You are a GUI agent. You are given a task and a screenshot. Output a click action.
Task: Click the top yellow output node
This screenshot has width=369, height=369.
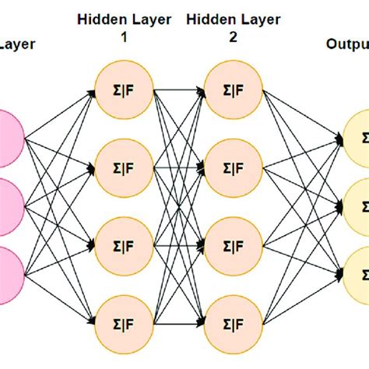tap(357, 138)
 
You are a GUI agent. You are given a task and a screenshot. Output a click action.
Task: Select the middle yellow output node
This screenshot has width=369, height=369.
tap(357, 206)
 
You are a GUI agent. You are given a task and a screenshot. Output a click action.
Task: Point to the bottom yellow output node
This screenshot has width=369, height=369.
tap(357, 275)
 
